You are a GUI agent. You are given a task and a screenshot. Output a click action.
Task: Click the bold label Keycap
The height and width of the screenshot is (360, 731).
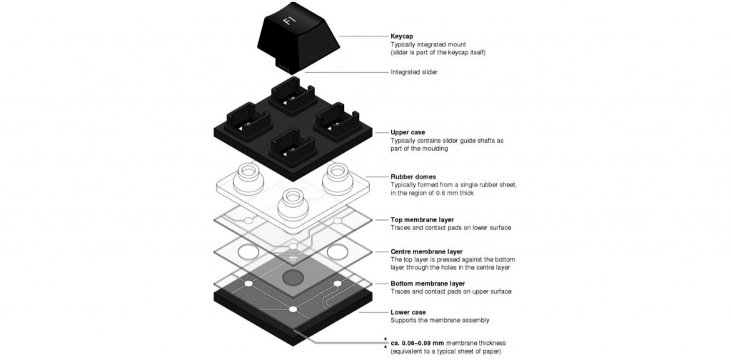click(404, 36)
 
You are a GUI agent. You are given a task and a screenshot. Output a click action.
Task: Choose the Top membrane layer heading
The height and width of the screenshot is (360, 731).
click(422, 219)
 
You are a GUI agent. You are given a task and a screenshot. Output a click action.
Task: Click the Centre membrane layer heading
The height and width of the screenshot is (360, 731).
click(426, 251)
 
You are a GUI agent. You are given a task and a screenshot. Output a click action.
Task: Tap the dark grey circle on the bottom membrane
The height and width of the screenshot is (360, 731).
click(293, 276)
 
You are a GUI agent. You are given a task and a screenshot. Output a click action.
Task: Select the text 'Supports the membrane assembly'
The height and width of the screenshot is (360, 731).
click(440, 321)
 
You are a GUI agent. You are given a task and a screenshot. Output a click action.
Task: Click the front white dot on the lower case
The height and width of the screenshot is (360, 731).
click(293, 309)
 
